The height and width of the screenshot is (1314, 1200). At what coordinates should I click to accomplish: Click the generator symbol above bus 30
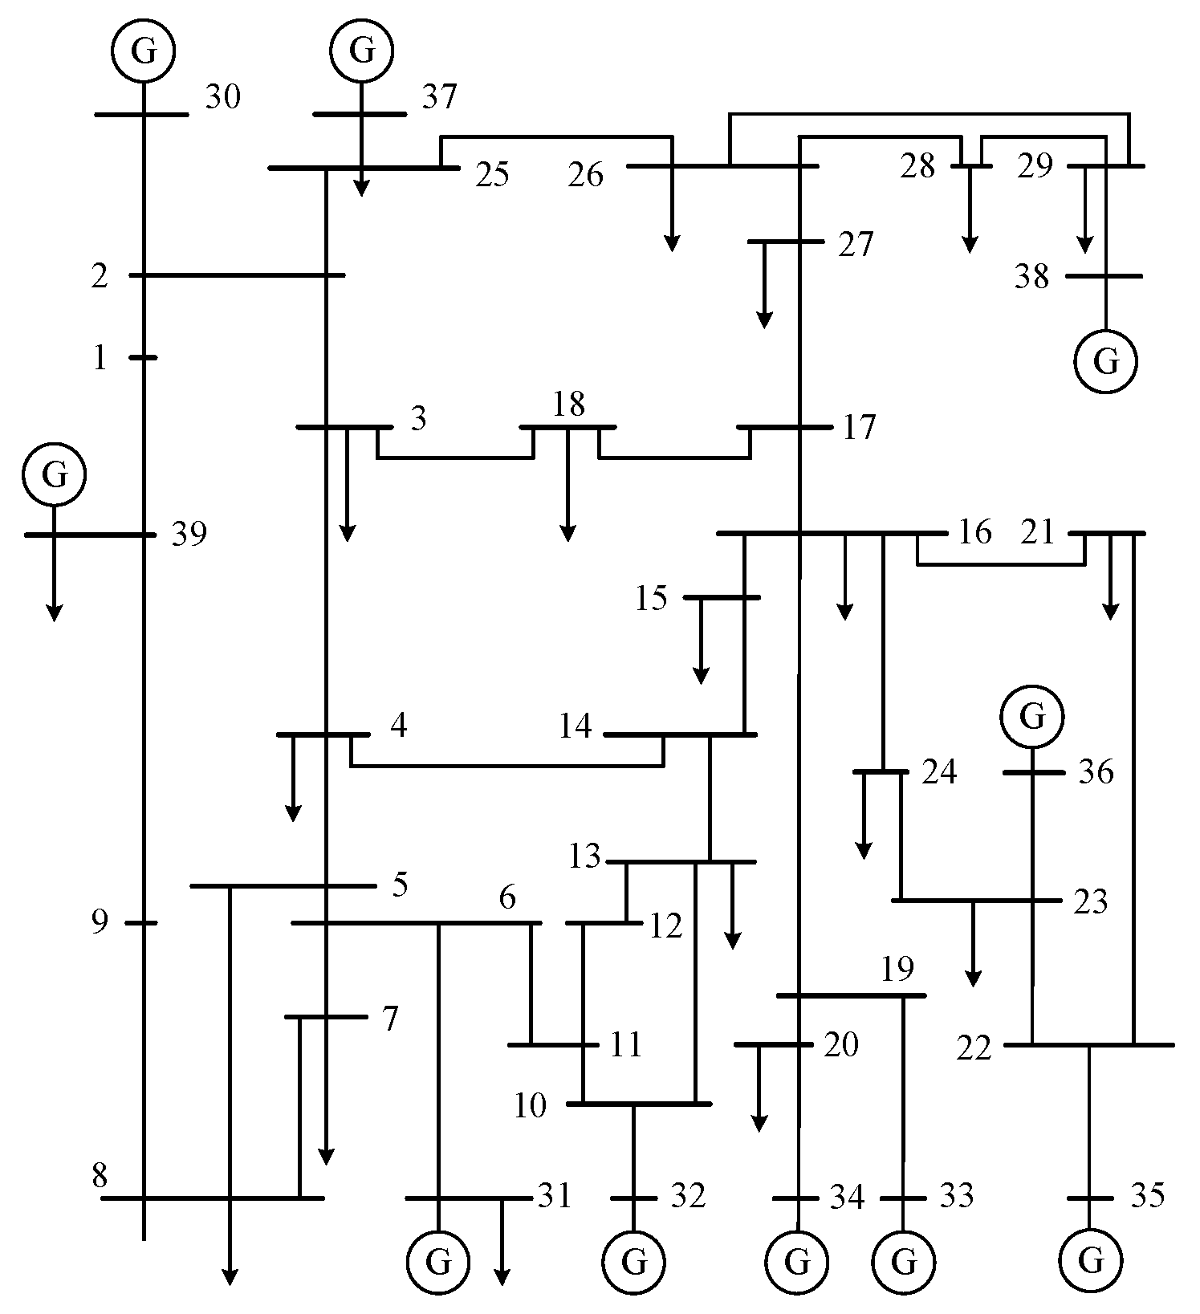[x=143, y=51]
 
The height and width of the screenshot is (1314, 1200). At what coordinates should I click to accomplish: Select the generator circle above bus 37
[x=362, y=51]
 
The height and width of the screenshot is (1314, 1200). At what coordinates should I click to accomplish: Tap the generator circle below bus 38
[x=1106, y=362]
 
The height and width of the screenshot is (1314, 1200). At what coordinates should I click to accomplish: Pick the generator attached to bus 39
[x=54, y=474]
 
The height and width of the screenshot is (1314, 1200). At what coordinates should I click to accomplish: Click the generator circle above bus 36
[x=1032, y=716]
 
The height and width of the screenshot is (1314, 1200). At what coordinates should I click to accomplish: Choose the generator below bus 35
[x=1090, y=1262]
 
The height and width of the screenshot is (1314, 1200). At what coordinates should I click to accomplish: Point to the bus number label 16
[x=975, y=533]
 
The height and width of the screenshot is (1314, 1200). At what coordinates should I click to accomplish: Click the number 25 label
[x=491, y=175]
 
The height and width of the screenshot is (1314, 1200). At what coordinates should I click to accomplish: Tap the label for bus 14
[x=576, y=727]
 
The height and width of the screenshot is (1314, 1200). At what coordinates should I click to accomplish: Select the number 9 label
[x=99, y=923]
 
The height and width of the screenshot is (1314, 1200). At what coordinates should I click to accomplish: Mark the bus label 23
[x=1091, y=902]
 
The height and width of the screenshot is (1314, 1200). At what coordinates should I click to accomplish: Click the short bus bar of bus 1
[x=143, y=357]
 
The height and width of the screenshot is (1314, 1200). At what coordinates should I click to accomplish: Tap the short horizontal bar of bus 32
[x=633, y=1198]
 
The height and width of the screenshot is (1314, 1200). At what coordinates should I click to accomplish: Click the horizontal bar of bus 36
[x=1034, y=773]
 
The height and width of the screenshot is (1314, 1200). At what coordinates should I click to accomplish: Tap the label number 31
[x=554, y=1197]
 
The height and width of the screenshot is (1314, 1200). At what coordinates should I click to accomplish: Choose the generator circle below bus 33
[x=904, y=1262]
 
